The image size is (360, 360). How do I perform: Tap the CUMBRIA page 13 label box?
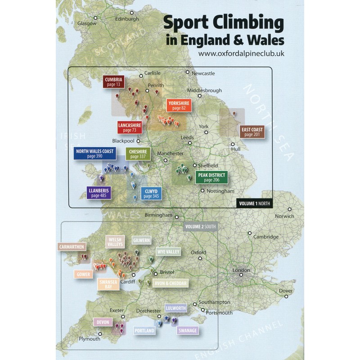point(113,81)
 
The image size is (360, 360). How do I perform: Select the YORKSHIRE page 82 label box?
point(179,105)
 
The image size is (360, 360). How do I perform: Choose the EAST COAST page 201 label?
point(252,131)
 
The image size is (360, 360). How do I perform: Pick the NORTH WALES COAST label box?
point(94,153)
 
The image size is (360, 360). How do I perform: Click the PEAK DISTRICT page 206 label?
point(211,177)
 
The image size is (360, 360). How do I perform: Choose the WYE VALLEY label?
point(168,252)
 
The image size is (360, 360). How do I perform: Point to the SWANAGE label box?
point(187,331)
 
